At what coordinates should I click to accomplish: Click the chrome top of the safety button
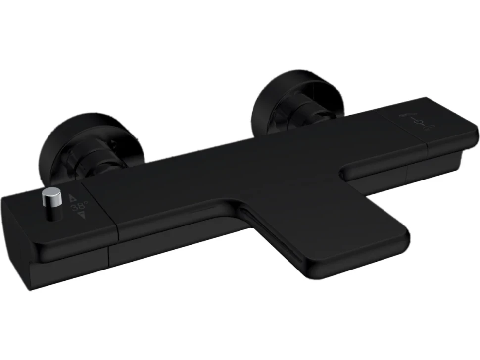(x=52, y=195)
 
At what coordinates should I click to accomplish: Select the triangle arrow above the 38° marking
(x=73, y=198)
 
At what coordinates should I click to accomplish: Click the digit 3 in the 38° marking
(x=74, y=208)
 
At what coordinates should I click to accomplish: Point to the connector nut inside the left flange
(x=92, y=159)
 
